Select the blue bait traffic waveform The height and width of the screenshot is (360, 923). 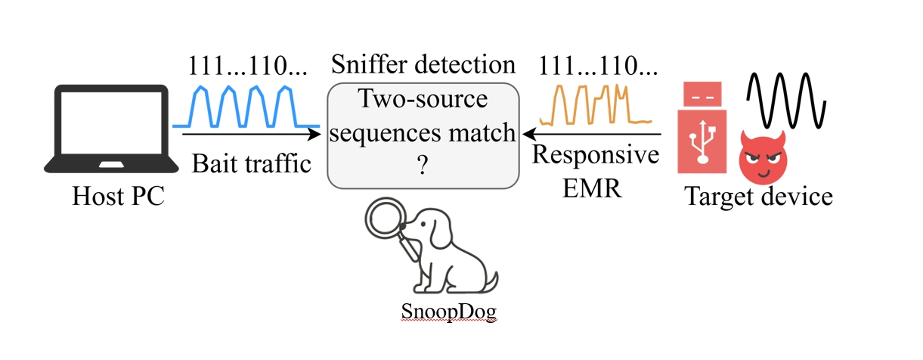click(245, 106)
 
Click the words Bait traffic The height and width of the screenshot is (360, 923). click(251, 163)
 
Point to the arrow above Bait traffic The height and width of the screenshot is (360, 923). click(250, 135)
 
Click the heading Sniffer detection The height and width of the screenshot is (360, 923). click(423, 64)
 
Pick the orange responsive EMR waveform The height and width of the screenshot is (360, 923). click(596, 105)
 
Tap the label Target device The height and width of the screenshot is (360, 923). click(758, 197)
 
